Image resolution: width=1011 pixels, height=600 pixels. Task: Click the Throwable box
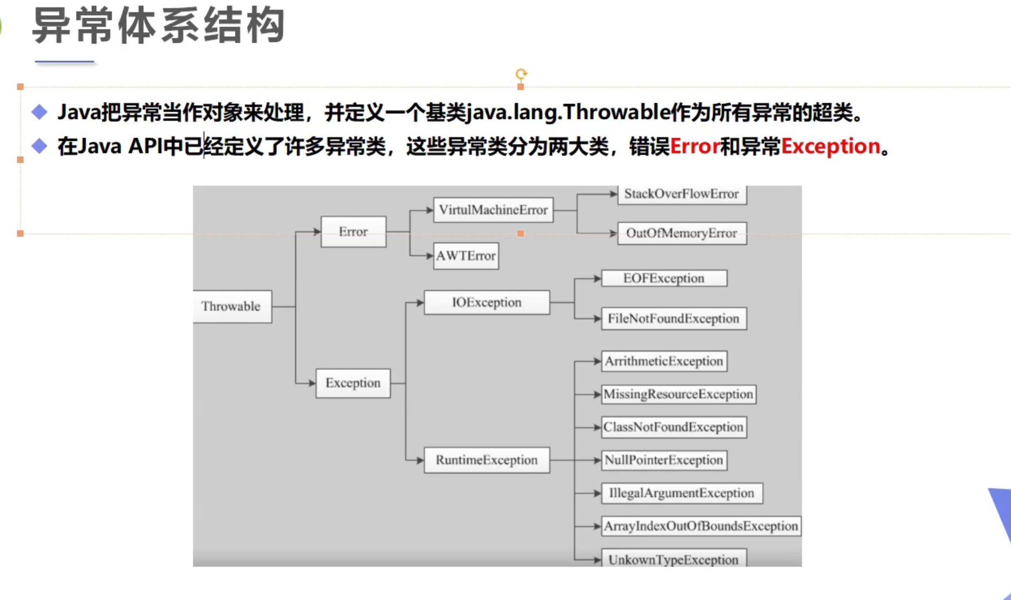coord(231,306)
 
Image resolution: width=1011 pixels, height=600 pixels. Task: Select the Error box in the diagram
coord(353,232)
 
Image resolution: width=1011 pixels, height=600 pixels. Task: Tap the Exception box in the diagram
coord(353,383)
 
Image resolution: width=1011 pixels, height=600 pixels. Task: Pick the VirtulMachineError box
coord(493,210)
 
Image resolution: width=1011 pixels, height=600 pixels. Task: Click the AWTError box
coord(465,256)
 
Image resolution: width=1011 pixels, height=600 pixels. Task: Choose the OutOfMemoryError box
coord(681,234)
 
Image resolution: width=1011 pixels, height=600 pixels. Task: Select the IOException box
coord(487,302)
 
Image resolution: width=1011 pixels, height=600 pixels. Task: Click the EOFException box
coord(664,278)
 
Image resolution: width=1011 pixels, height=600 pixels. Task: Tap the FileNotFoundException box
coord(674,318)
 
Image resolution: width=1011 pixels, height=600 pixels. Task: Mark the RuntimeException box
coord(487,460)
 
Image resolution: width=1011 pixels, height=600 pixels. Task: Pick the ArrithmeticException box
coord(664,361)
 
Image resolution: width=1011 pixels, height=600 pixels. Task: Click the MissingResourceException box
coord(678,394)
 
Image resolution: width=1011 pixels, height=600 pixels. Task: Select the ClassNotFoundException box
coord(674,427)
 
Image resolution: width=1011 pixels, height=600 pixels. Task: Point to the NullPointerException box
coord(664,460)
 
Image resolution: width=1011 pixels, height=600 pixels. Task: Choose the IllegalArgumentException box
coord(681,493)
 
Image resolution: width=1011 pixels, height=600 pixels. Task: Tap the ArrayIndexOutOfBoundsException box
coord(701,526)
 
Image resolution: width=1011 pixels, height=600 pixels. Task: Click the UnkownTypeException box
coord(674,559)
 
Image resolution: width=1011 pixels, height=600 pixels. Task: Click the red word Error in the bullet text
coord(695,146)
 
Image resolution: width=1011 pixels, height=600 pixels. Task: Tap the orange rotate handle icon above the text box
coord(521,74)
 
